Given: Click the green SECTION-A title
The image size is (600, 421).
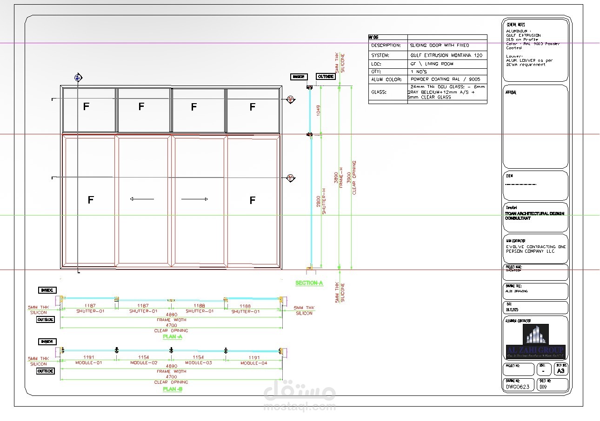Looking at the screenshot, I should click(x=309, y=283).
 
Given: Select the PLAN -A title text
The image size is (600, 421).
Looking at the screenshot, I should click(x=173, y=336).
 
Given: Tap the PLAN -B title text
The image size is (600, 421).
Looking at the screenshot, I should click(x=173, y=389).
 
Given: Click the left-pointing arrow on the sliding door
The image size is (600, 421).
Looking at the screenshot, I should click(x=142, y=199).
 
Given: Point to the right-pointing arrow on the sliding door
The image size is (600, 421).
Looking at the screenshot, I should click(x=194, y=199).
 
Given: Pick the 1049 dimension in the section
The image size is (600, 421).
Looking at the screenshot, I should click(x=318, y=111).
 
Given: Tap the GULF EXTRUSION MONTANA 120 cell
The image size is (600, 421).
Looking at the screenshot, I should click(x=447, y=55).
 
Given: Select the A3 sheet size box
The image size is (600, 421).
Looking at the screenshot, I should click(x=560, y=371).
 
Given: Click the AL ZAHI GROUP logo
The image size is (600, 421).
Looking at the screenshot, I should click(x=535, y=342).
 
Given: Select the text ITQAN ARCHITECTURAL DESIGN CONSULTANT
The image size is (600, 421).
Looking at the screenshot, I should click(x=534, y=216).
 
